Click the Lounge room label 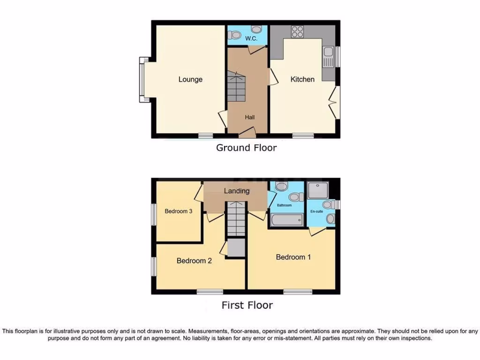point(190,79)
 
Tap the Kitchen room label point(302,79)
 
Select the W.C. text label point(251,39)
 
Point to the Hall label point(249,117)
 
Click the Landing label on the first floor point(237,191)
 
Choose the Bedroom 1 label point(293,257)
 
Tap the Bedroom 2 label point(194,261)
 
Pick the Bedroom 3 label point(179,211)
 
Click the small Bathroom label point(284,205)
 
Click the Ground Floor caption point(246,148)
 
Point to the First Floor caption point(247,305)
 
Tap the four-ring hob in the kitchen point(298,31)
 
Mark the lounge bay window point(143,79)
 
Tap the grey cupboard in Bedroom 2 point(236,247)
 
